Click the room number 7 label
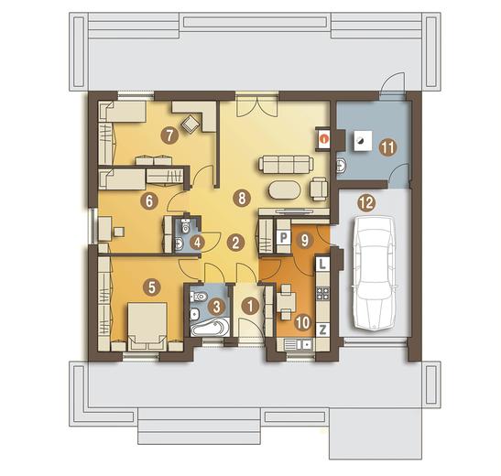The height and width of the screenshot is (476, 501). point(169,135)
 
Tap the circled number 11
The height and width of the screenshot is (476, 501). point(387,147)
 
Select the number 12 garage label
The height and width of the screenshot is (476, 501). point(366,202)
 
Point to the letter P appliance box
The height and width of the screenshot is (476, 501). point(283,237)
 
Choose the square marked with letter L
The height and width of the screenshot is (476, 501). point(322,264)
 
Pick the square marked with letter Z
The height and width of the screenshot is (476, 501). point(322,330)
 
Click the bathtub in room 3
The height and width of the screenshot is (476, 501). point(210,327)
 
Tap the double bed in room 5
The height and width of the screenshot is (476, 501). point(147,326)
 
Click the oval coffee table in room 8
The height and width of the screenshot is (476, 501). point(285,190)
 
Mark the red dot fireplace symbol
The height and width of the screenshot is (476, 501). point(324,139)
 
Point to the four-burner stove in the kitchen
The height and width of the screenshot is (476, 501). point(322,294)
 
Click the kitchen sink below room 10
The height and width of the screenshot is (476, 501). point(299,345)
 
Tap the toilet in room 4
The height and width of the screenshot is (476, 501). point(185,226)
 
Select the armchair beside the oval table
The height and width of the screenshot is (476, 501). point(319,189)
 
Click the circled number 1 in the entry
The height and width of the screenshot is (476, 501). point(250,307)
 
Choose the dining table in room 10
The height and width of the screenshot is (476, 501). point(287,301)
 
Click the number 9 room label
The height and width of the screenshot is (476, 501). point(305,241)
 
